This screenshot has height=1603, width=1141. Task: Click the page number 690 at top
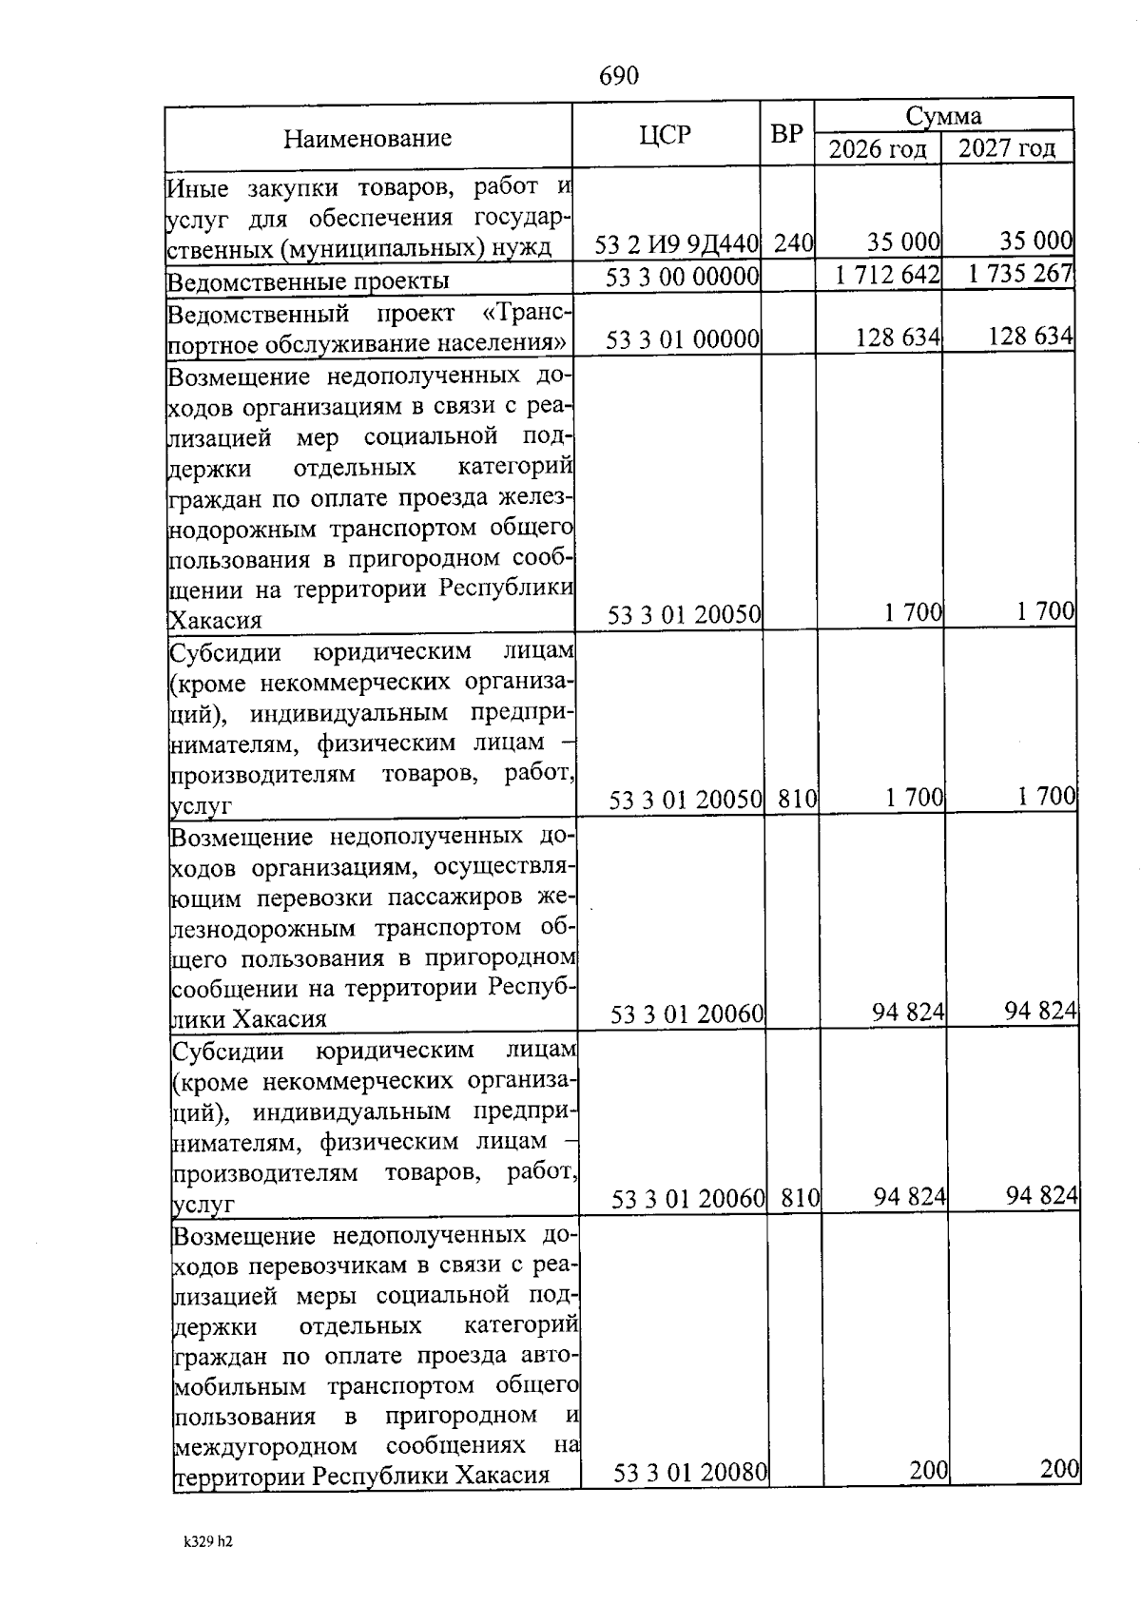[619, 75]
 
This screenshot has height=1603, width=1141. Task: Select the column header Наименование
[367, 139]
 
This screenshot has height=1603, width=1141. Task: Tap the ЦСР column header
[665, 135]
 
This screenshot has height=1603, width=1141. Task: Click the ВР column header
[786, 135]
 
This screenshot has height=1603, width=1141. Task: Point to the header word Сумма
[943, 116]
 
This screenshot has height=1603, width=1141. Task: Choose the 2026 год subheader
[877, 149]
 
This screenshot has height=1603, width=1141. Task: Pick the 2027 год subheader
[1007, 148]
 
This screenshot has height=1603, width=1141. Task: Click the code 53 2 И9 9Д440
[677, 244]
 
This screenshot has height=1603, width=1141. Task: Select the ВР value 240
[793, 243]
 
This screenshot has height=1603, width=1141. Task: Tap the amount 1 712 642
[888, 275]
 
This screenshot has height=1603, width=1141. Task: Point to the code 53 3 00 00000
[683, 277]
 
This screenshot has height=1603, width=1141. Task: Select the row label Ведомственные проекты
[308, 281]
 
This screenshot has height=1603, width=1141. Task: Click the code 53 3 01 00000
[683, 338]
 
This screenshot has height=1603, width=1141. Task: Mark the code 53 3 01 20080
[690, 1473]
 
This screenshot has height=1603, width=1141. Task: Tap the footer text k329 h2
[208, 1542]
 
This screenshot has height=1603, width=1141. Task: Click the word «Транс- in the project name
[526, 314]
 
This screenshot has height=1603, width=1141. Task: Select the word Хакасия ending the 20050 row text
[215, 621]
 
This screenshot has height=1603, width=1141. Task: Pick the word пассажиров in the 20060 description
[460, 898]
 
